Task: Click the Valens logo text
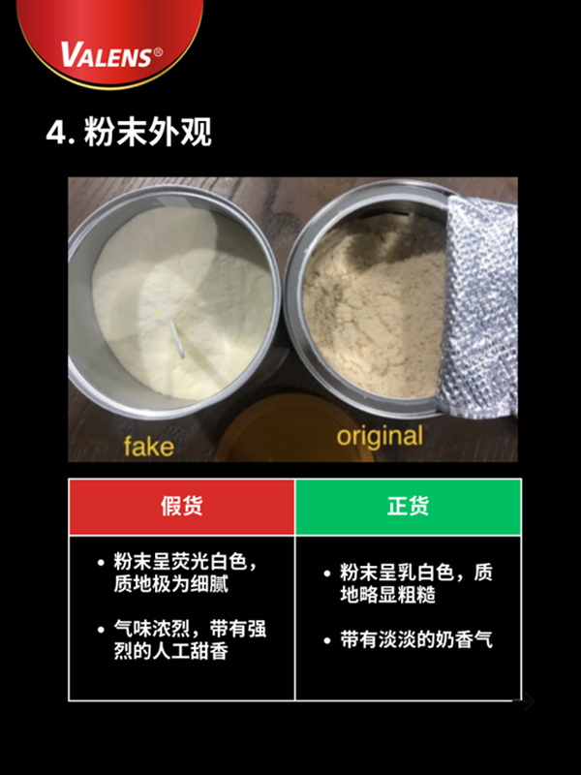tap(106, 54)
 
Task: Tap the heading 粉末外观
tap(148, 132)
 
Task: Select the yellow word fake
tap(149, 447)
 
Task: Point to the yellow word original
tap(380, 437)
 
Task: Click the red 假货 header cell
tap(182, 507)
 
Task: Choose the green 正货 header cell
tap(408, 507)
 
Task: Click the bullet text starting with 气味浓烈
tap(190, 640)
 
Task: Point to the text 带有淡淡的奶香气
tap(416, 640)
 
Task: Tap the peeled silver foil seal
tap(478, 306)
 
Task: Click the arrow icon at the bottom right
tap(525, 701)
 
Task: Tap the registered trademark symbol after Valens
tap(158, 52)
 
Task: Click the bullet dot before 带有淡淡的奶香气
tap(326, 641)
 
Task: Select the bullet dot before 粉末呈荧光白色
tap(102, 563)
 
